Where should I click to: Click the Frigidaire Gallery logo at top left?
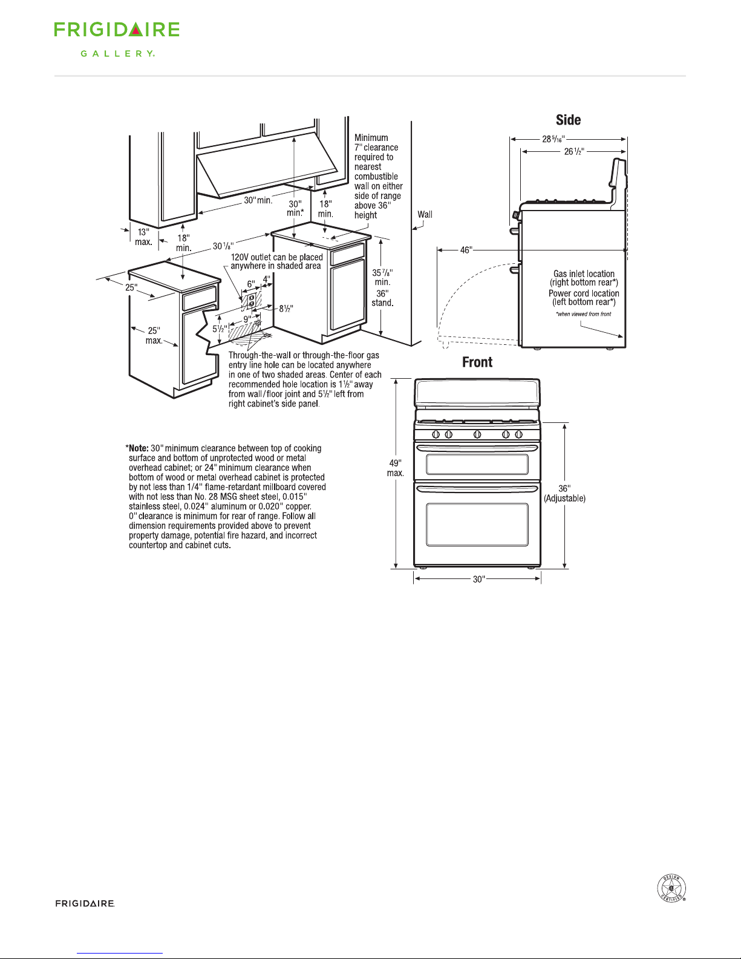click(x=117, y=39)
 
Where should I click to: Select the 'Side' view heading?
click(x=568, y=120)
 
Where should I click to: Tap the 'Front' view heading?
click(x=477, y=362)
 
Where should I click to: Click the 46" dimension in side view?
click(x=465, y=250)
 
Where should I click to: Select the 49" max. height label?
click(x=396, y=468)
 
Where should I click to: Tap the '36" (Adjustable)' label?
click(x=564, y=494)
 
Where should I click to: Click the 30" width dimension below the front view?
click(x=478, y=579)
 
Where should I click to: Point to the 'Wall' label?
click(x=425, y=214)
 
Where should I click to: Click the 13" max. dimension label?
click(x=143, y=237)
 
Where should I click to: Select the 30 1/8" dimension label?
click(x=223, y=246)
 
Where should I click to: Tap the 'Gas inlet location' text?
click(x=584, y=274)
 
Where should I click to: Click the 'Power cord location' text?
click(x=584, y=293)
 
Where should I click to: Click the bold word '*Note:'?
click(x=137, y=448)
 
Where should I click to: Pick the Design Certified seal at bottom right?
click(x=671, y=889)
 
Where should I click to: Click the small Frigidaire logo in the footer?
click(x=85, y=903)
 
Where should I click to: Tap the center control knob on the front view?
click(x=477, y=434)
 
